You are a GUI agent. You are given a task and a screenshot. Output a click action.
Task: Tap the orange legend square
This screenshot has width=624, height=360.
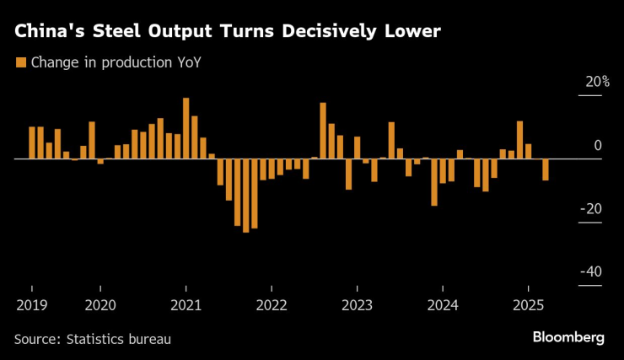click(19, 62)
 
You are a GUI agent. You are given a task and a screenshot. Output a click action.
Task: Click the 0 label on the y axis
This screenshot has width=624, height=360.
click(597, 146)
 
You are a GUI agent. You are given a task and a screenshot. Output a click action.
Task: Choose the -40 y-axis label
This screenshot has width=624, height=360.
click(591, 271)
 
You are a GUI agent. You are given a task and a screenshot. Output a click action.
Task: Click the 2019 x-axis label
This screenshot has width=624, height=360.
click(31, 304)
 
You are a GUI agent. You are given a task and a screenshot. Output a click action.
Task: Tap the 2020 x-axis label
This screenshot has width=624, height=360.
click(100, 304)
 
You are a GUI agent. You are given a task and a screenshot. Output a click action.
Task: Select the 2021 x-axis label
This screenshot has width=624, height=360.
click(186, 304)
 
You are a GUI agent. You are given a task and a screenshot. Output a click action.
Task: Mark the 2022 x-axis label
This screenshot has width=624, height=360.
click(272, 304)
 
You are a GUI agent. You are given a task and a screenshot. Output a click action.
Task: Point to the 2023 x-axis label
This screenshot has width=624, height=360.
click(357, 304)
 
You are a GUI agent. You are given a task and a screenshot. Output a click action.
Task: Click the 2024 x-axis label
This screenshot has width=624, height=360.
click(443, 304)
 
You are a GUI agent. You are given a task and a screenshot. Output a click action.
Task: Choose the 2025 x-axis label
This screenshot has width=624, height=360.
click(529, 304)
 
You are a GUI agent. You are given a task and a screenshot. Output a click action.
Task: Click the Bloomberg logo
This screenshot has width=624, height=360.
click(568, 337)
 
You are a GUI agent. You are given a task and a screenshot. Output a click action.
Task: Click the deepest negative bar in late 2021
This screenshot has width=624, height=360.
click(245, 195)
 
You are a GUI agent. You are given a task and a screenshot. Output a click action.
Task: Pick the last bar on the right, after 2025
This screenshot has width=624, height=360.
click(546, 169)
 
